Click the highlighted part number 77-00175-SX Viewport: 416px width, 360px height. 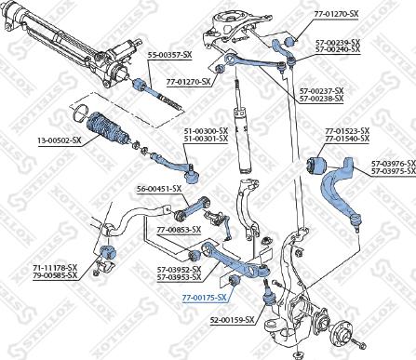coord(205,298)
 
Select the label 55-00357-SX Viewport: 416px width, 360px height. coord(169,55)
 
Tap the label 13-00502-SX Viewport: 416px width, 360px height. coord(60,140)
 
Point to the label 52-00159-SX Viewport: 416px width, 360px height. coord(233,319)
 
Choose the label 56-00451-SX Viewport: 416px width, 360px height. coord(159,189)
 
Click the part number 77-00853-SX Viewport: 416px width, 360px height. coord(179,230)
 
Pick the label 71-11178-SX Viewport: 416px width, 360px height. coord(55,267)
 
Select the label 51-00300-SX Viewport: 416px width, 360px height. coord(206,131)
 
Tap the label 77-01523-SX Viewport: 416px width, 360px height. coord(347,131)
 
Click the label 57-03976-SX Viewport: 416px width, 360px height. coord(394,164)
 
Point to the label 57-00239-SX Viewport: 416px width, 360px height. coord(338,42)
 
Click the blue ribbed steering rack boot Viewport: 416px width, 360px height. coord(107,129)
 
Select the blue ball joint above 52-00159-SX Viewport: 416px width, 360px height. coord(268,300)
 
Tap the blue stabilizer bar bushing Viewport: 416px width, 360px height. coord(108,252)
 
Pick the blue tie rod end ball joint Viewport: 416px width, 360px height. coord(192,177)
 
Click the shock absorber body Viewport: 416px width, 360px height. coord(242,140)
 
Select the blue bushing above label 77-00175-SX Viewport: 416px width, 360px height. coord(234,281)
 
